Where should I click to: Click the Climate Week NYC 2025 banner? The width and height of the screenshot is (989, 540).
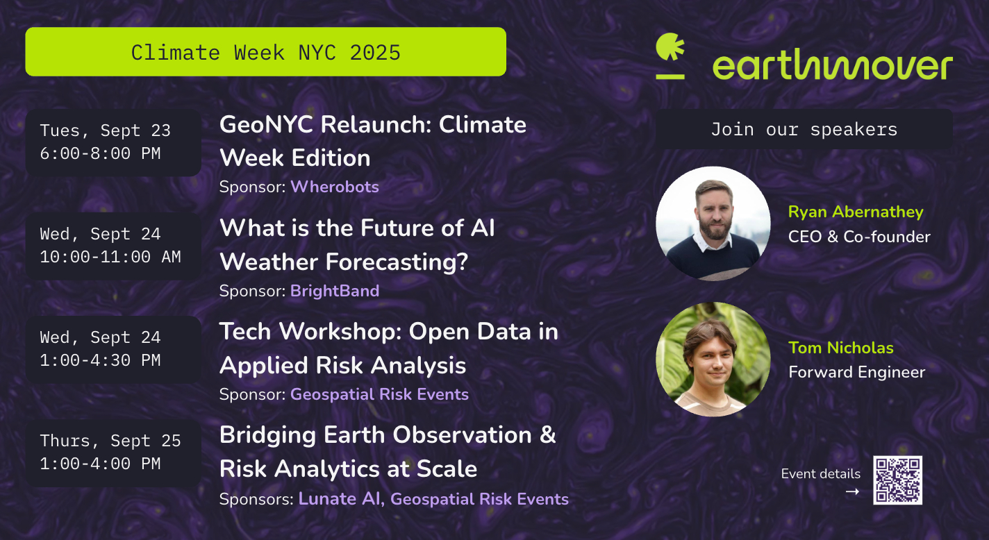click(266, 51)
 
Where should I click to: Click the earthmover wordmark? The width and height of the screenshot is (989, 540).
click(833, 65)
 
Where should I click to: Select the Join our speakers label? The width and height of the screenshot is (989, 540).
click(804, 129)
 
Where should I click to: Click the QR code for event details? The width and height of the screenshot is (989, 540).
click(897, 480)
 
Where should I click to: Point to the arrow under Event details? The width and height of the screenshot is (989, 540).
click(853, 491)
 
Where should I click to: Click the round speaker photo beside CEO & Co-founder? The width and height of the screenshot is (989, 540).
click(713, 223)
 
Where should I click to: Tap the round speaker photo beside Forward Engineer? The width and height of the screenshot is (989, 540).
click(713, 359)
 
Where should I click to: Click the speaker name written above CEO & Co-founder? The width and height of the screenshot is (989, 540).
click(856, 212)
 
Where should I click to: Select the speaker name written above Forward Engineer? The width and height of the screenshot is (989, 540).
click(841, 348)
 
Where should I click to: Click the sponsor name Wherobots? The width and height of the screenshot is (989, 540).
click(335, 187)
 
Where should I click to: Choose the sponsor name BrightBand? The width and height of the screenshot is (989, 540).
click(335, 292)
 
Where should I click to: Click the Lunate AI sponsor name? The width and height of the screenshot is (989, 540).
click(339, 499)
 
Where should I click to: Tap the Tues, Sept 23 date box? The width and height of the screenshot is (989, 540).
click(113, 142)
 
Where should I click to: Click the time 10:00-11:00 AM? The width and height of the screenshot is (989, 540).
click(110, 257)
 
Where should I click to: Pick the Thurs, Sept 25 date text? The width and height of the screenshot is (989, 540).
click(110, 441)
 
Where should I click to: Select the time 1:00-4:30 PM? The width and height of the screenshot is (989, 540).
click(100, 360)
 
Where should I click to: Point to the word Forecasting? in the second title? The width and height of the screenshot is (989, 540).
click(397, 262)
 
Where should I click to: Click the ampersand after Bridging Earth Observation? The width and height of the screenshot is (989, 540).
click(548, 434)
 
